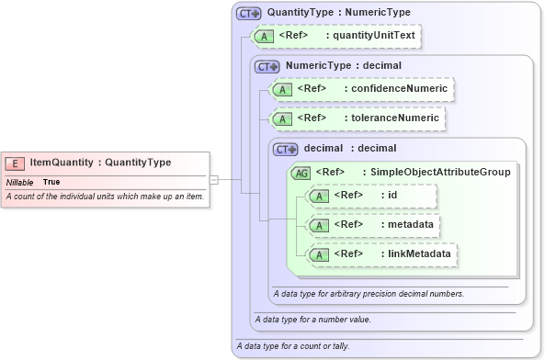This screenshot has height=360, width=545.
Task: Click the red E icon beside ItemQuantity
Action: [x=15, y=163]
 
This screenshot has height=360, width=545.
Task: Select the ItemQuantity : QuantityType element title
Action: [x=100, y=163]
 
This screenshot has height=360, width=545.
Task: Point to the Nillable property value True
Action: [x=51, y=182]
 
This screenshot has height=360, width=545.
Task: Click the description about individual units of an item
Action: [x=105, y=197]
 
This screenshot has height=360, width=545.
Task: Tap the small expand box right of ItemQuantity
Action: [x=213, y=179]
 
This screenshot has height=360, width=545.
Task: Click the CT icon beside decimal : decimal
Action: [x=286, y=148]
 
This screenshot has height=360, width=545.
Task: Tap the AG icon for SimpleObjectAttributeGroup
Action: [x=301, y=172]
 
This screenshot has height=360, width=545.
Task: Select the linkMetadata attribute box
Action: [x=382, y=253]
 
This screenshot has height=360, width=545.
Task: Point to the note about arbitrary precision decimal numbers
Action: [x=369, y=294]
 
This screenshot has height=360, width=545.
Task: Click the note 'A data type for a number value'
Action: [x=312, y=320]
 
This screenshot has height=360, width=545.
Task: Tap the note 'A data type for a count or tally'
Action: [x=292, y=346]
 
